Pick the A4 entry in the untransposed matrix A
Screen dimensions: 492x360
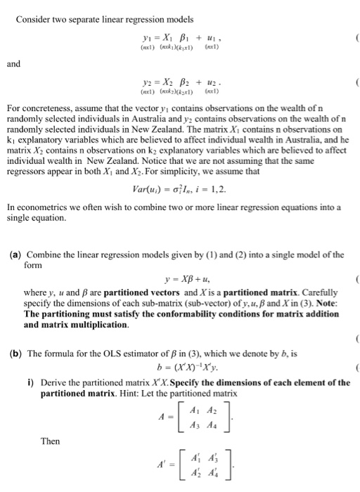[x=198, y=425]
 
